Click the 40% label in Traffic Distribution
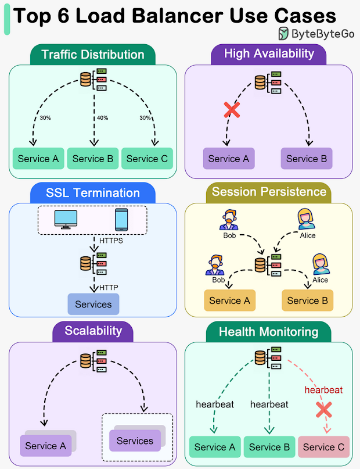(102, 118)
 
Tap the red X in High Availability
(232, 110)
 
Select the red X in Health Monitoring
(324, 410)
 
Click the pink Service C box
(323, 447)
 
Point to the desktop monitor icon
(66, 220)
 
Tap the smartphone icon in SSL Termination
(121, 220)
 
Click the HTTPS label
(111, 241)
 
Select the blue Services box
(93, 304)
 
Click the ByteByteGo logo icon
(283, 34)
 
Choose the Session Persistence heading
(269, 192)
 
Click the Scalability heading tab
(93, 331)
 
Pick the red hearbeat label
(323, 390)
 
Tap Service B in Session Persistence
(307, 300)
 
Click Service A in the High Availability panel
(229, 159)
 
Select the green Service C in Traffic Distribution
(147, 159)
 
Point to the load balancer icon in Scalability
(93, 361)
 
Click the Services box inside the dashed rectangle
(135, 441)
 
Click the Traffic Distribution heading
(93, 55)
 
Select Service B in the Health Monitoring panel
(269, 447)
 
